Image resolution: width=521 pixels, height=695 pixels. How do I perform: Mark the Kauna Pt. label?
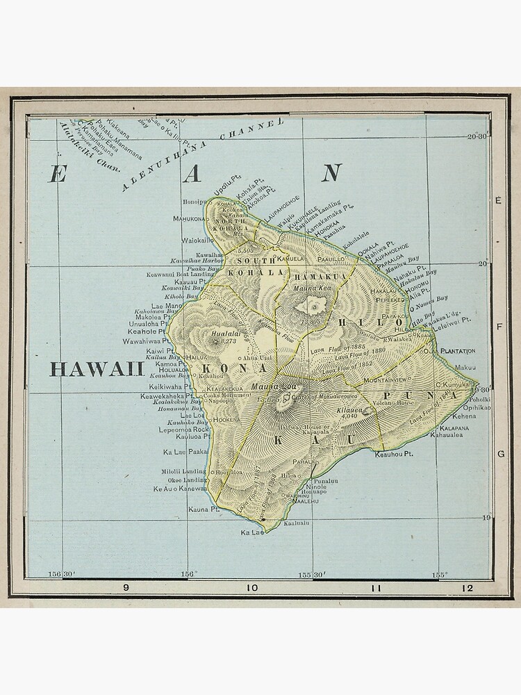(x=204, y=509)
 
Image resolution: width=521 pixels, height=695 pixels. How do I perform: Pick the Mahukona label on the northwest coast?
(x=191, y=218)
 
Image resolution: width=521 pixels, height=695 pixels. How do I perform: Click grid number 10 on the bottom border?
(x=251, y=588)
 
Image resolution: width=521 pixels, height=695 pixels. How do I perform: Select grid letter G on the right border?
(x=499, y=455)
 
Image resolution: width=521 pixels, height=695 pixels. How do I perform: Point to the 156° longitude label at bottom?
(x=188, y=574)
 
